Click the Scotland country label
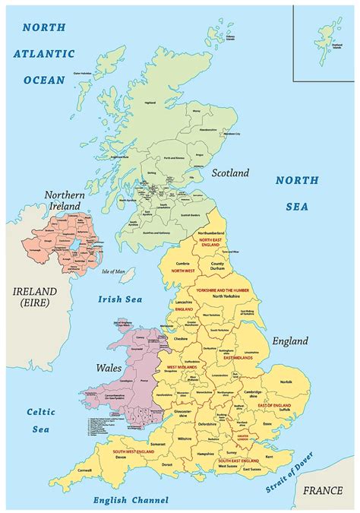230,173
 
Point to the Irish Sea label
120,299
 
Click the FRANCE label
328,491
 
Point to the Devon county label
120,458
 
